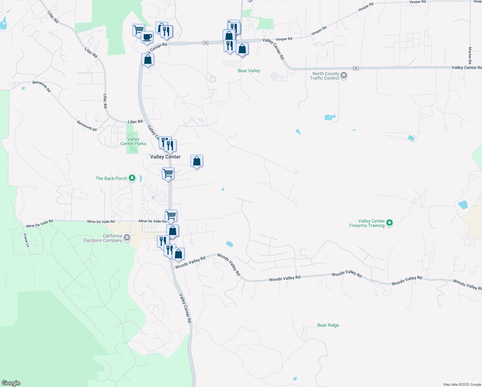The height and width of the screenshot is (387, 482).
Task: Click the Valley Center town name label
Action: coord(165,157)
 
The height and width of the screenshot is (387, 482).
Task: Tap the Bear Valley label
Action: coord(249,71)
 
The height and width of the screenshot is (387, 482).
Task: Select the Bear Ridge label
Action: coord(328,325)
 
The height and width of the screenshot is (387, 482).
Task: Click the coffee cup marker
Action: coord(147,37)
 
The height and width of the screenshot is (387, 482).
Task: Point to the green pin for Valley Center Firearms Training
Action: coord(390,223)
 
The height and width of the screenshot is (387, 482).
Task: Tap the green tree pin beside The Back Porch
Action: coord(132,178)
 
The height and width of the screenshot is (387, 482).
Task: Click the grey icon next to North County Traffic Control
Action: coord(344,76)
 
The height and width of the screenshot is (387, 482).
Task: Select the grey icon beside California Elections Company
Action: coord(127,238)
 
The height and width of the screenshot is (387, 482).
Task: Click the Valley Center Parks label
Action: coord(133,141)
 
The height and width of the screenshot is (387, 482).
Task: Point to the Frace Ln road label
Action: coord(26,240)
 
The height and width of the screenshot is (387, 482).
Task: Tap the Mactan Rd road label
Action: coord(470,55)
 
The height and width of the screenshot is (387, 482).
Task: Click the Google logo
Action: coord(11,383)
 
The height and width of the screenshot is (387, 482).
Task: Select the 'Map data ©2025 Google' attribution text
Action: coord(462,384)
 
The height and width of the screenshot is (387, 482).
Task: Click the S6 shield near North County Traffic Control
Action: coord(356,68)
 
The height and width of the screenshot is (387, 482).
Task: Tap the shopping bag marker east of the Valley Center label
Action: coord(197,161)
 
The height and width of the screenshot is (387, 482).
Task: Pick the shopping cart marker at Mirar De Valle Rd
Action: coord(171,215)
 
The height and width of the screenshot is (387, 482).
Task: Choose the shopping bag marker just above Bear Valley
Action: coord(242,49)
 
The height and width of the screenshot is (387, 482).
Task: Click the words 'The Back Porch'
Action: coord(111,178)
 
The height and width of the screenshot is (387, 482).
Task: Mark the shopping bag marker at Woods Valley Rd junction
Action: coord(178,254)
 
